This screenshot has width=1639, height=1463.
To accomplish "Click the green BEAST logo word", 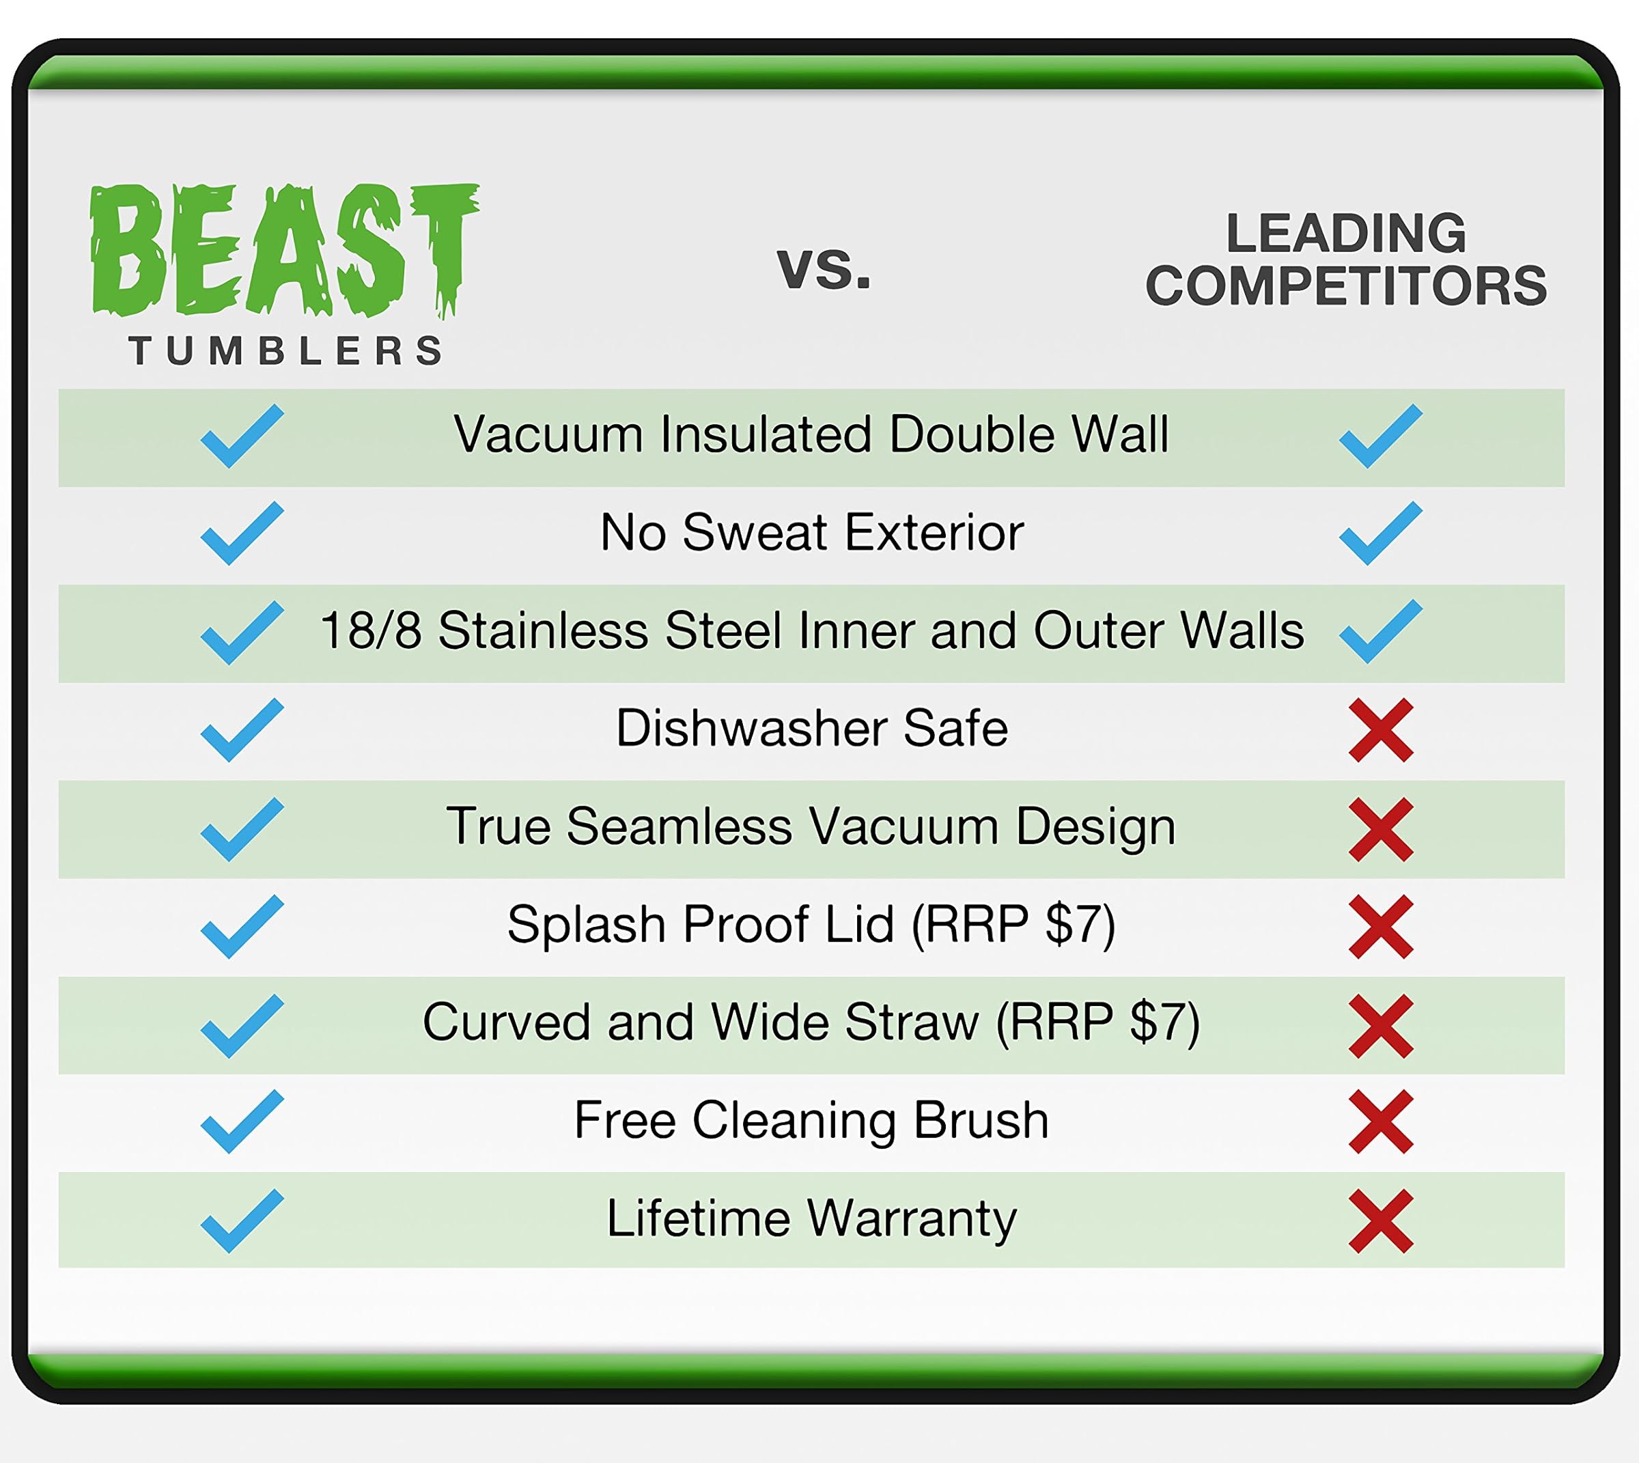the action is [285, 251].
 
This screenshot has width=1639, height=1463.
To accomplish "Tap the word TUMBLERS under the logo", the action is [285, 350].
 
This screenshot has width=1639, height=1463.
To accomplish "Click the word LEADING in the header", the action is [1345, 233].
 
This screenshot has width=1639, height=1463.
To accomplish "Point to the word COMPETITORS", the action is [1345, 285].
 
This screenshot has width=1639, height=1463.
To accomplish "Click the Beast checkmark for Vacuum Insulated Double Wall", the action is [242, 436].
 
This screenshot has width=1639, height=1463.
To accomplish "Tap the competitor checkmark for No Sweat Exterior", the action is [1381, 533].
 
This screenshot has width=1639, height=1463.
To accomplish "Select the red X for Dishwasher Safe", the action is [1381, 730].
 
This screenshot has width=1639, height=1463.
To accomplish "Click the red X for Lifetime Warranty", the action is [1381, 1221].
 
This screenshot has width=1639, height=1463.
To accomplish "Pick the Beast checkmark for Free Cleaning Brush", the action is [242, 1121].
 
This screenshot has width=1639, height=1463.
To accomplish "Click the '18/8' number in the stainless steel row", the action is [371, 630].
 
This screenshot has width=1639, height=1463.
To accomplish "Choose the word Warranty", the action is [912, 1218].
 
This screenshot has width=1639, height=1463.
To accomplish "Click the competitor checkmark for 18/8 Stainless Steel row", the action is [1381, 631].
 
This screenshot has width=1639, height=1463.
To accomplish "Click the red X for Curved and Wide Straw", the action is [1381, 1026].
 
